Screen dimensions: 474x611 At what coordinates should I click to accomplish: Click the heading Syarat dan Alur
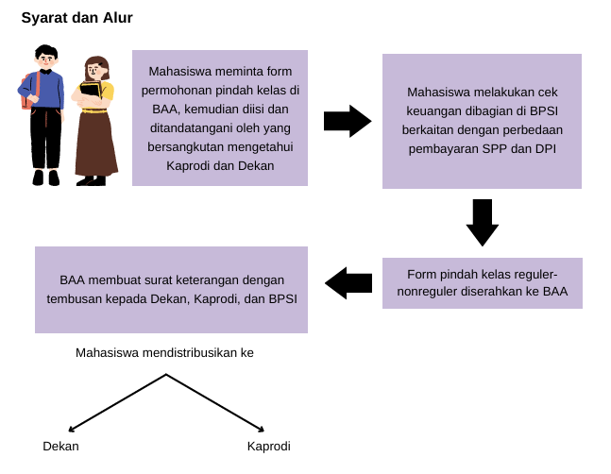click(76, 17)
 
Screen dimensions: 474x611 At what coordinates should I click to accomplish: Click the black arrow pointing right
click(347, 121)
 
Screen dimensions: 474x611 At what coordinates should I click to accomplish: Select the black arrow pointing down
click(483, 222)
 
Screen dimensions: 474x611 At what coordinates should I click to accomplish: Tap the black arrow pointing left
click(348, 282)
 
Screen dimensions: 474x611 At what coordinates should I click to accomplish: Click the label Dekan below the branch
click(60, 446)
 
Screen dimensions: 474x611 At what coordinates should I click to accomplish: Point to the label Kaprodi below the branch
click(268, 446)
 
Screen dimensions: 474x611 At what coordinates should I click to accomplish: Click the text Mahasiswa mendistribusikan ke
click(164, 353)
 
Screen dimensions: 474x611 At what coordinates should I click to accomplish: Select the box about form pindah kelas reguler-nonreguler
click(482, 282)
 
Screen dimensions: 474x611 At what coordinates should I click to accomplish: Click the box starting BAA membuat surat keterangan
click(171, 289)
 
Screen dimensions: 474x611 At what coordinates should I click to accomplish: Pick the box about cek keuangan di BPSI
click(482, 120)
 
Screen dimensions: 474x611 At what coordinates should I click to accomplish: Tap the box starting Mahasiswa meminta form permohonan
click(220, 117)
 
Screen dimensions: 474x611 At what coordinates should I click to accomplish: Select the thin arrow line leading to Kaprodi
click(217, 402)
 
